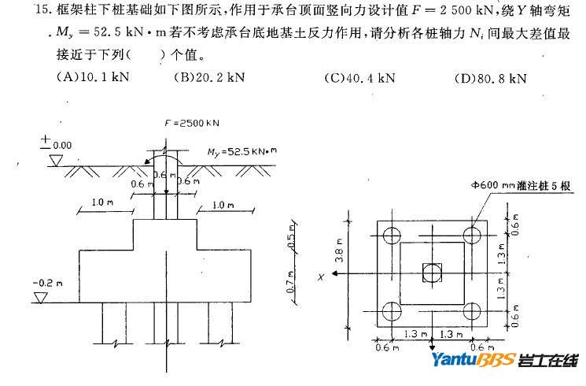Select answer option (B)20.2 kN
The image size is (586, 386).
(209, 78)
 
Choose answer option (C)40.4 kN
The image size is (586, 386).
(359, 78)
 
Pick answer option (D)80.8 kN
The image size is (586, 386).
(490, 78)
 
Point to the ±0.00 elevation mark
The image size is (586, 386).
(56, 144)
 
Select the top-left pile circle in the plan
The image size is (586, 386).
(391, 235)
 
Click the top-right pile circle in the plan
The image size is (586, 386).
(472, 235)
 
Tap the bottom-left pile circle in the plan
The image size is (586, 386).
(391, 311)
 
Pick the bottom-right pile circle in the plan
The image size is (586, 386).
(472, 311)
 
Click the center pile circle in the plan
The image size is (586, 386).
(432, 273)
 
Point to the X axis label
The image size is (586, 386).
(322, 277)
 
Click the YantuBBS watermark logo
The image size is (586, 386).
(503, 361)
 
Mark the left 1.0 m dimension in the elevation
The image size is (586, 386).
(102, 203)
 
